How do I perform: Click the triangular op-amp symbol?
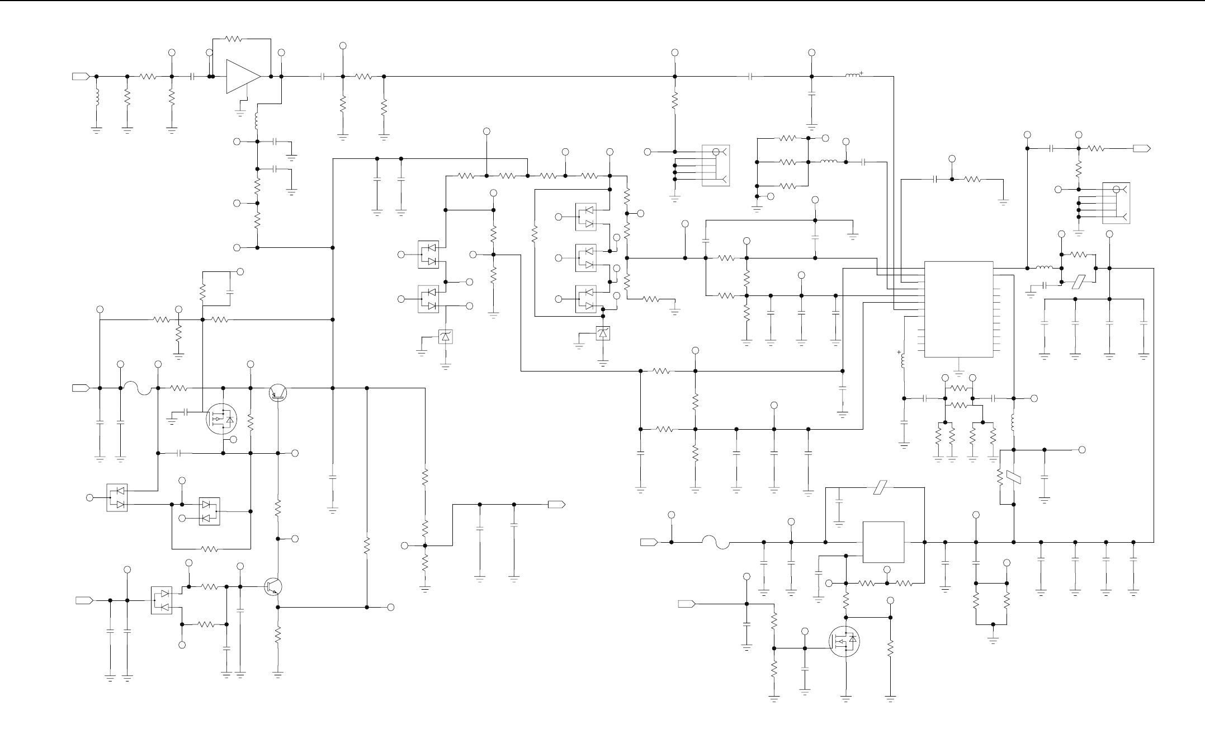coord(243,77)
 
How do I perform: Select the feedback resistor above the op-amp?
coord(234,39)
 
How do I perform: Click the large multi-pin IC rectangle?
coord(958,309)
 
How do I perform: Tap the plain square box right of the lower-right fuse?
coord(883,542)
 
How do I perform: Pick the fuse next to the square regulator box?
coord(716,542)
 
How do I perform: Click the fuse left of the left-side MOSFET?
coord(138,387)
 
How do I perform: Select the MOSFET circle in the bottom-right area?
coord(845,641)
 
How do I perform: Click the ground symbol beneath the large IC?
coord(958,370)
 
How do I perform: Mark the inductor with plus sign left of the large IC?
coord(904,361)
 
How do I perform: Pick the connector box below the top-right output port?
coord(1116,203)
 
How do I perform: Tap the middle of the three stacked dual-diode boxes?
coord(585,258)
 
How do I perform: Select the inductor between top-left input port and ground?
coord(96,98)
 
